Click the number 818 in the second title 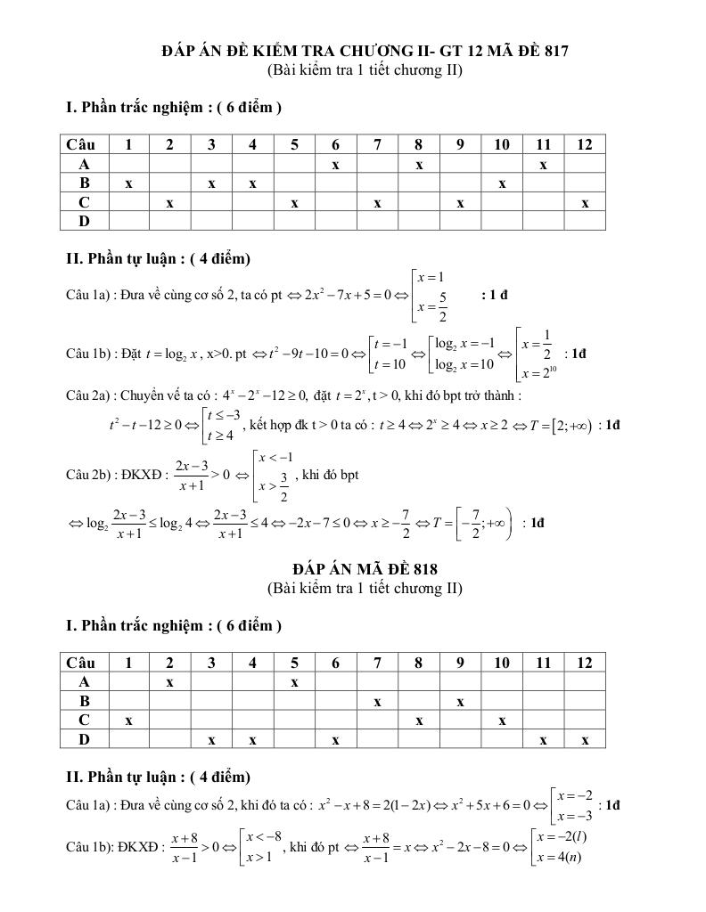click(x=421, y=568)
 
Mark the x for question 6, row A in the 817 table click(x=335, y=164)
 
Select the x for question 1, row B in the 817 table click(x=128, y=183)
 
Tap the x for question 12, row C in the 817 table click(x=585, y=203)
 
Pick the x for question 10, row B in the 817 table click(x=502, y=183)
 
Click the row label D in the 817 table click(x=85, y=220)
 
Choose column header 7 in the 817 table click(x=377, y=144)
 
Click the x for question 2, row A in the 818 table click(x=169, y=681)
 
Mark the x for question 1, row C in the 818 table click(x=128, y=721)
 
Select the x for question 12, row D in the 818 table click(x=585, y=740)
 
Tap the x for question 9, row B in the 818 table click(x=460, y=701)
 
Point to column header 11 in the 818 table click(x=543, y=662)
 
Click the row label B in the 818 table click(x=85, y=701)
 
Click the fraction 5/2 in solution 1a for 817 click(x=443, y=305)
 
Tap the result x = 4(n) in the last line click(x=562, y=858)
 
